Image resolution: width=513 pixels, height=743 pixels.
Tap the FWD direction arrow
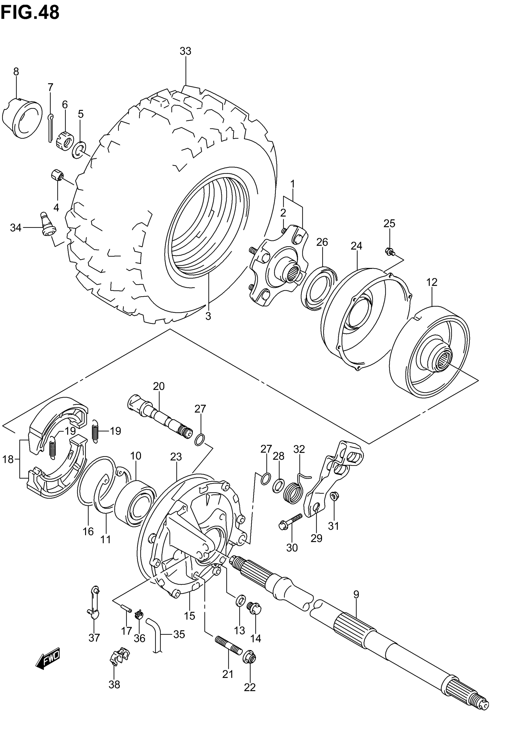click(48, 658)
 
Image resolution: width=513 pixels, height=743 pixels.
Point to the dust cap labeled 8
click(23, 118)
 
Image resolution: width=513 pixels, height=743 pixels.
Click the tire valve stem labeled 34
click(48, 224)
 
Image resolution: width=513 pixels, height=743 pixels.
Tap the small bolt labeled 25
click(390, 252)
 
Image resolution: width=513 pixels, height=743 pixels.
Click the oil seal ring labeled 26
click(319, 288)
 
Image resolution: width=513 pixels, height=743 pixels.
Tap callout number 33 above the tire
click(186, 51)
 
